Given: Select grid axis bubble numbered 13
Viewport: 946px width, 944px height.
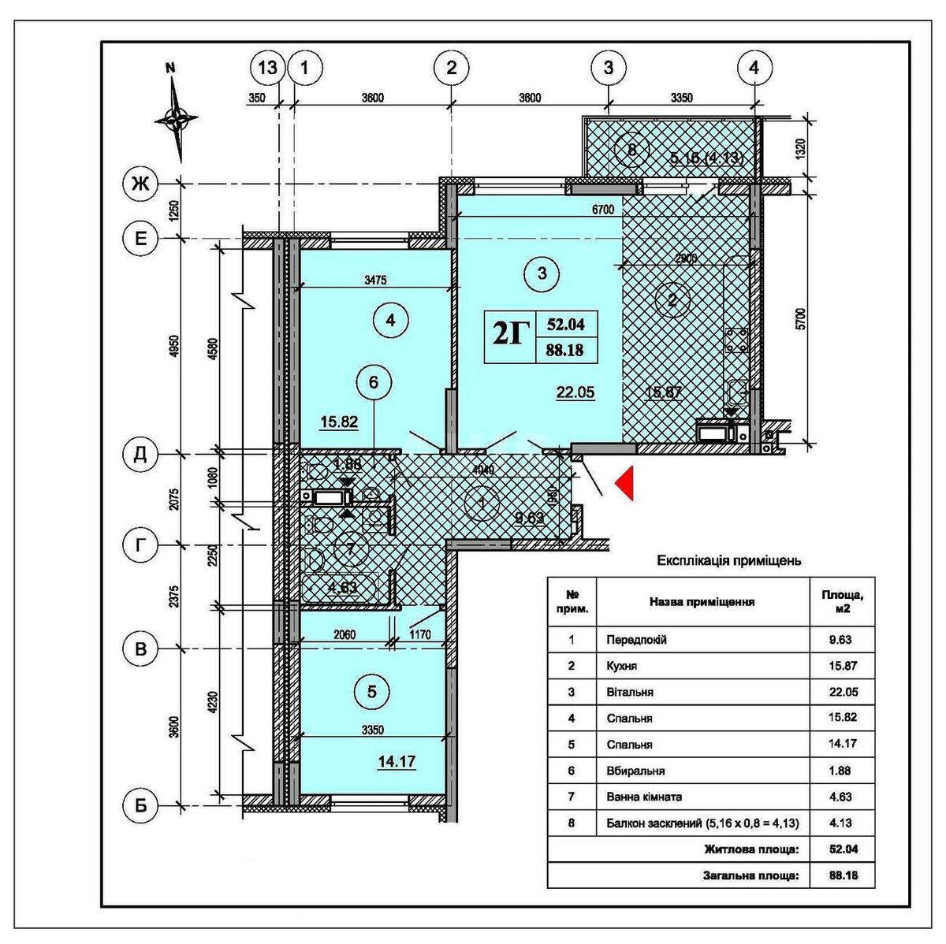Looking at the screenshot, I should (268, 68).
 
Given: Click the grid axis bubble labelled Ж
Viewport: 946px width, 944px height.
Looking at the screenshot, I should (140, 184).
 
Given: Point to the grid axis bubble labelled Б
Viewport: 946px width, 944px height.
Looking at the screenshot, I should (140, 805).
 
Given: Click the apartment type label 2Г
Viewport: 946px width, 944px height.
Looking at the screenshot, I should (509, 336).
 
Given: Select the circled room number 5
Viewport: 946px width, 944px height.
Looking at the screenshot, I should (372, 692).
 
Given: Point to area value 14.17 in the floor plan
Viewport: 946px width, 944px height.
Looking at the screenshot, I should (397, 762).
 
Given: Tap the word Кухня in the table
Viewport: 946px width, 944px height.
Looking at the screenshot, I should (622, 666).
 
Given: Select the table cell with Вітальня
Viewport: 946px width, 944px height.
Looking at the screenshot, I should (630, 692).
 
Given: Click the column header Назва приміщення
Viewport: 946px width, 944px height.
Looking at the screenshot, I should (702, 602).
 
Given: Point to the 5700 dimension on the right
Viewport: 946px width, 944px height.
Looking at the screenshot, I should (800, 318).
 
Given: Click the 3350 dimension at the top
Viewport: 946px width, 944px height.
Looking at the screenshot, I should (681, 98).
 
